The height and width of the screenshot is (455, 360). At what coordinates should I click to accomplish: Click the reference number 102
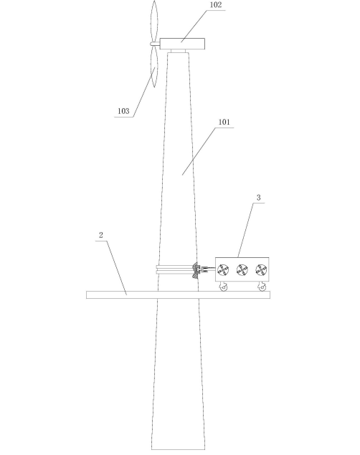point(216,5)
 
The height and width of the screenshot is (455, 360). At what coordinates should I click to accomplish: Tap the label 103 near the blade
point(123,111)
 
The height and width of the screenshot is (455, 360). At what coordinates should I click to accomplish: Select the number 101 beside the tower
point(224,122)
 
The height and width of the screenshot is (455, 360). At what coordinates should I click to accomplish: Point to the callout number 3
point(259,198)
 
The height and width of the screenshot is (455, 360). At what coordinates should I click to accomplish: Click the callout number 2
point(100,235)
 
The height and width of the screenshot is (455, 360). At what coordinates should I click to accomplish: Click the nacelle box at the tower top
point(182,44)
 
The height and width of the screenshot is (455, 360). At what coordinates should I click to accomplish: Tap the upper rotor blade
point(154,21)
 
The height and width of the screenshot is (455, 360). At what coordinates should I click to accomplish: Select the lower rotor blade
point(154,67)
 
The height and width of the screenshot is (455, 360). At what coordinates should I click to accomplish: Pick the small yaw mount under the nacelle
point(179,51)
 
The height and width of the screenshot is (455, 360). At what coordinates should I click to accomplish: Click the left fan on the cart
point(223,270)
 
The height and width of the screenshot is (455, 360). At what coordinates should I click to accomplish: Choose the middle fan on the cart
point(242,270)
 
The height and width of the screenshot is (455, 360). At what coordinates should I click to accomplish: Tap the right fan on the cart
point(261,270)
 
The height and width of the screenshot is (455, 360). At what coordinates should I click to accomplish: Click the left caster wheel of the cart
point(223,287)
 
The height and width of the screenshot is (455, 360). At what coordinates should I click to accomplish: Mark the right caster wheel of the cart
point(262,287)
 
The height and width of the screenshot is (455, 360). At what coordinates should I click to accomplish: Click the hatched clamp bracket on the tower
point(195,270)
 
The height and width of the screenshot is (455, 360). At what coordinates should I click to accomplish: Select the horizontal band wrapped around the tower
point(175,270)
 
